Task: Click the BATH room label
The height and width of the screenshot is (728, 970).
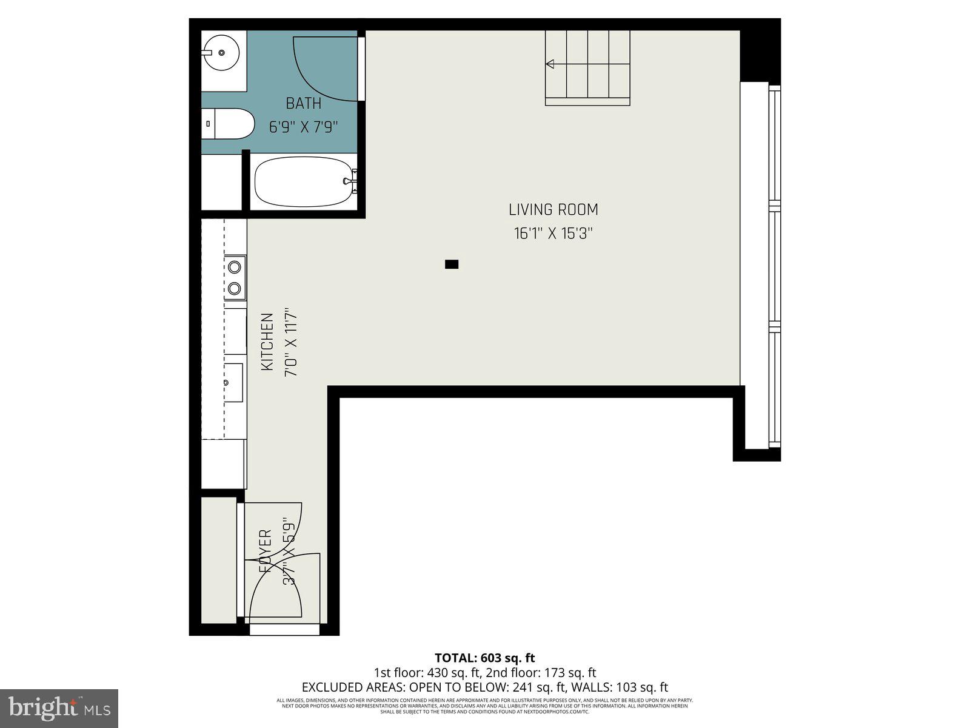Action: [303, 104]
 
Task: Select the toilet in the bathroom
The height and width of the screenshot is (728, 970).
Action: [231, 124]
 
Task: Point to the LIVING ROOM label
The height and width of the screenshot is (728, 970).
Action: [553, 210]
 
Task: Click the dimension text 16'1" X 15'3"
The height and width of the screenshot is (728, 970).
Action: [552, 234]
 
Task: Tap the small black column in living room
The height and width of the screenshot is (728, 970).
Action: [452, 264]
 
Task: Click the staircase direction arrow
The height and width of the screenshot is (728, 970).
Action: [550, 64]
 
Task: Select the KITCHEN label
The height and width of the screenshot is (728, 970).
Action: [267, 342]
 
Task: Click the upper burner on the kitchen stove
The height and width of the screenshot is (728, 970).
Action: [235, 266]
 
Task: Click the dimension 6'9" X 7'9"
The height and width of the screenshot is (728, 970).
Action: [303, 127]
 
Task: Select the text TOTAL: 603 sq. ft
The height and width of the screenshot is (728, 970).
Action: [484, 658]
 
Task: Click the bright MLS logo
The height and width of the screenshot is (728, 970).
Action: [59, 708]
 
